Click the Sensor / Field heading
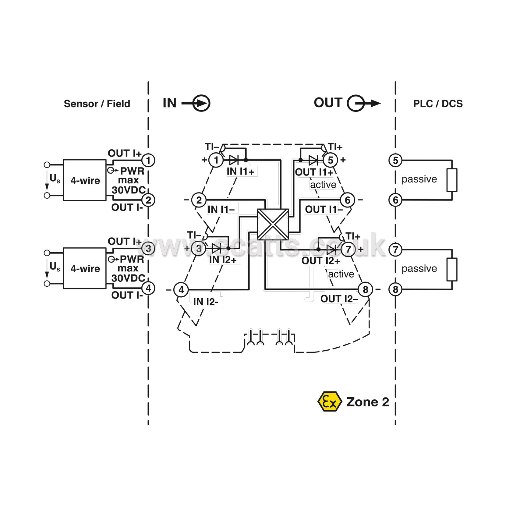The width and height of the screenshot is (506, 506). pyautogui.click(x=97, y=104)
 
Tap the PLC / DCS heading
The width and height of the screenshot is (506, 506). pyautogui.click(x=438, y=104)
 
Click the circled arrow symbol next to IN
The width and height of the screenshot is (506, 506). pyautogui.click(x=196, y=103)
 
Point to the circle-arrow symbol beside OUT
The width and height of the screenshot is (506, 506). pyautogui.click(x=363, y=103)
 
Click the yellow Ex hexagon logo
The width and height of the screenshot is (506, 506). pyautogui.click(x=330, y=402)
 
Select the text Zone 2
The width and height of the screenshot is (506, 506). pyautogui.click(x=368, y=402)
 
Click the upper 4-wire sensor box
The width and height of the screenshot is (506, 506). pyautogui.click(x=85, y=180)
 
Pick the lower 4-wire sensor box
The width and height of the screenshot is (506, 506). pyautogui.click(x=85, y=268)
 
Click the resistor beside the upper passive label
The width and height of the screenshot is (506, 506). pyautogui.click(x=452, y=180)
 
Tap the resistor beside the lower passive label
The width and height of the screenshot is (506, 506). pyautogui.click(x=452, y=269)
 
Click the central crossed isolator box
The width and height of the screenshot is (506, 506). pyautogui.click(x=273, y=225)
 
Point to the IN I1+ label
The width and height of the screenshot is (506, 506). pyautogui.click(x=240, y=172)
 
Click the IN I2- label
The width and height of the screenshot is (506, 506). pyautogui.click(x=206, y=302)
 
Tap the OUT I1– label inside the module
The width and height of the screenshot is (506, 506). pyautogui.click(x=324, y=210)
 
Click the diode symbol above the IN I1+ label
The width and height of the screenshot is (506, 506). pyautogui.click(x=234, y=160)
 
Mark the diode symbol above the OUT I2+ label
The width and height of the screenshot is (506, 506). pyautogui.click(x=331, y=250)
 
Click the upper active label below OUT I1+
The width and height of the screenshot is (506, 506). pyautogui.click(x=323, y=185)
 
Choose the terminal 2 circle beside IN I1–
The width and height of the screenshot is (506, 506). pyautogui.click(x=199, y=200)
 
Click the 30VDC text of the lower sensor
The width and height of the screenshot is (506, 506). pyautogui.click(x=128, y=278)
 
